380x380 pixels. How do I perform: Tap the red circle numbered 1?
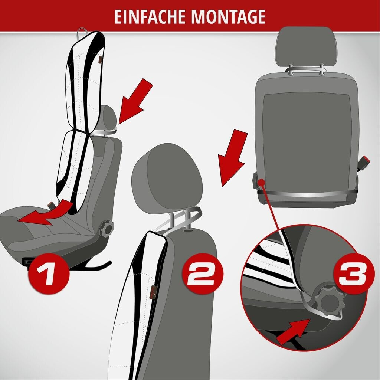(x=49, y=273)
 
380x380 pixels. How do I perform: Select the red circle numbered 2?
(x=202, y=273)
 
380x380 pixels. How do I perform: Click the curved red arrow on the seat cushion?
(x=46, y=213)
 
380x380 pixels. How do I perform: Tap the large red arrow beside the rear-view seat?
(x=232, y=157)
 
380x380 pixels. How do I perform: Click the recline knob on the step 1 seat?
(x=107, y=228)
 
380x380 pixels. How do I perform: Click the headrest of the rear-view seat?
(x=306, y=47)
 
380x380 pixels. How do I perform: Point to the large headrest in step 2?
(x=167, y=178)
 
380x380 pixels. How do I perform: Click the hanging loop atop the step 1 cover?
(x=82, y=33)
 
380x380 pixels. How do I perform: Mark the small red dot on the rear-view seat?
(x=261, y=183)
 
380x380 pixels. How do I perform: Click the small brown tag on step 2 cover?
(x=154, y=291)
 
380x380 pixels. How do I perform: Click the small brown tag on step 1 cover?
(x=100, y=60)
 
